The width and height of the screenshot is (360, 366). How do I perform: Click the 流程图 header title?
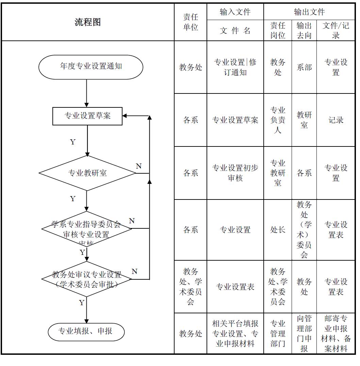pyautogui.click(x=87, y=22)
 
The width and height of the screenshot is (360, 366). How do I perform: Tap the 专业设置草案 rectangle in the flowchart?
pyautogui.click(x=87, y=116)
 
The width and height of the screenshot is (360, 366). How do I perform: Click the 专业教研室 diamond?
pyautogui.click(x=87, y=173)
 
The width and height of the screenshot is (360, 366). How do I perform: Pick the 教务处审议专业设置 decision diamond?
pyautogui.click(x=87, y=279)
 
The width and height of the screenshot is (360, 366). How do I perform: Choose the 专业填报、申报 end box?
pyautogui.click(x=86, y=331)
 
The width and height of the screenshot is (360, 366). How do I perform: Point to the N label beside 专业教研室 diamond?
pyautogui.click(x=138, y=166)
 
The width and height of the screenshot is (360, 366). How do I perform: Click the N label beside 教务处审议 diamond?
pyautogui.click(x=134, y=272)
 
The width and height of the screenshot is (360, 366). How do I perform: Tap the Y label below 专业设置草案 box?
pyautogui.click(x=72, y=142)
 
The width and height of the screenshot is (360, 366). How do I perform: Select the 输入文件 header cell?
pyautogui.click(x=235, y=12)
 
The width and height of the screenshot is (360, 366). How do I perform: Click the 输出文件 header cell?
pyautogui.click(x=309, y=12)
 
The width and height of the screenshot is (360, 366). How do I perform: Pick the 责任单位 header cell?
pyautogui.click(x=191, y=22)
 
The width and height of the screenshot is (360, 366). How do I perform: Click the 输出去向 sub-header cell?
pyautogui.click(x=304, y=31)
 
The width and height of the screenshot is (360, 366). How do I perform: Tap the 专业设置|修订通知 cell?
pyautogui.click(x=235, y=67)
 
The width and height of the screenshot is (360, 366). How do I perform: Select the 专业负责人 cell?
pyautogui.click(x=278, y=120)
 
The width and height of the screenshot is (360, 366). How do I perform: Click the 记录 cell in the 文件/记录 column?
pyautogui.click(x=336, y=120)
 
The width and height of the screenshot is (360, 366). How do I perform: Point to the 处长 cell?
pyautogui.click(x=278, y=230)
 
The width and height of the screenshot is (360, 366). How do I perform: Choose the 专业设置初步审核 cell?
pyautogui.click(x=235, y=173)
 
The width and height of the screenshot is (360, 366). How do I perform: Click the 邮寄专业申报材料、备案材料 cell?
pyautogui.click(x=336, y=333)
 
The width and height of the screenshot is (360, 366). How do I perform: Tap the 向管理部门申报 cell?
pyautogui.click(x=304, y=333)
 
